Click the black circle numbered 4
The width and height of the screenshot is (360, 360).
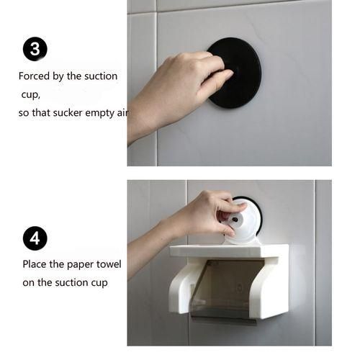tap(35, 238)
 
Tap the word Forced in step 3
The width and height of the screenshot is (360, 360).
tap(33, 76)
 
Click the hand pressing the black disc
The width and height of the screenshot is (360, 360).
tap(176, 90)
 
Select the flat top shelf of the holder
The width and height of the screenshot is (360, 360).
tap(229, 251)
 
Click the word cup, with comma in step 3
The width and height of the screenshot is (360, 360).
tap(30, 94)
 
